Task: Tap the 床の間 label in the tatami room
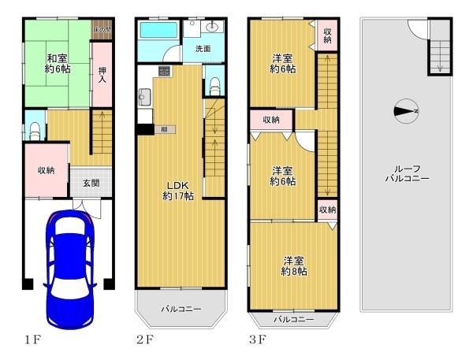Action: pyautogui.click(x=101, y=30)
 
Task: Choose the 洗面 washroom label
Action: pyautogui.click(x=203, y=49)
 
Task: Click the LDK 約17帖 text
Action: pyautogui.click(x=178, y=190)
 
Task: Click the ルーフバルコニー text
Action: pyautogui.click(x=407, y=173)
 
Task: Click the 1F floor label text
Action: pyautogui.click(x=32, y=341)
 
